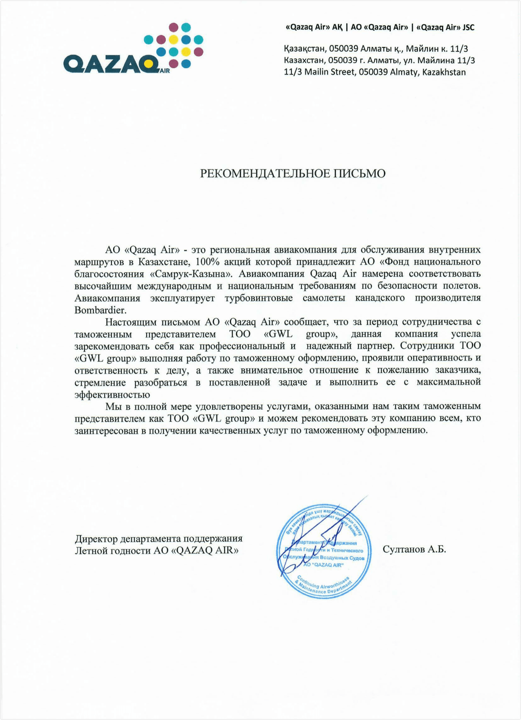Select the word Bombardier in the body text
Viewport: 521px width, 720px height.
100,310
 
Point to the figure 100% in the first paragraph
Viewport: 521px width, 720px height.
206,262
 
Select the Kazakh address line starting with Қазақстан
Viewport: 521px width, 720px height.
376,49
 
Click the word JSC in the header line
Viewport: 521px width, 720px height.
468,28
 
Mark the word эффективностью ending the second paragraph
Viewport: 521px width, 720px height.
112,395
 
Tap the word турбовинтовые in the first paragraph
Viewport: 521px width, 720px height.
259,298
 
